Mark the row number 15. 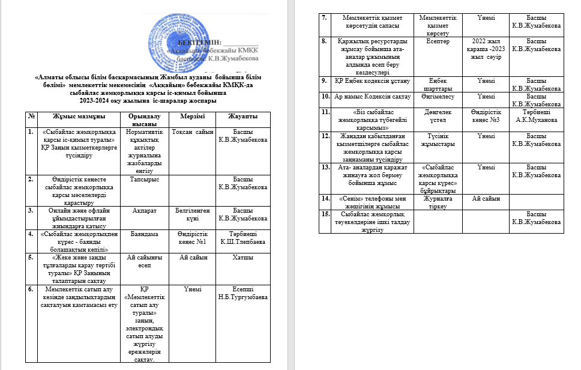coord(325,214)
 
